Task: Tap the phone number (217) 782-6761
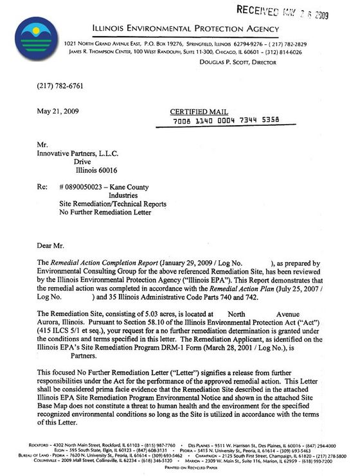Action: (x=54, y=86)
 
